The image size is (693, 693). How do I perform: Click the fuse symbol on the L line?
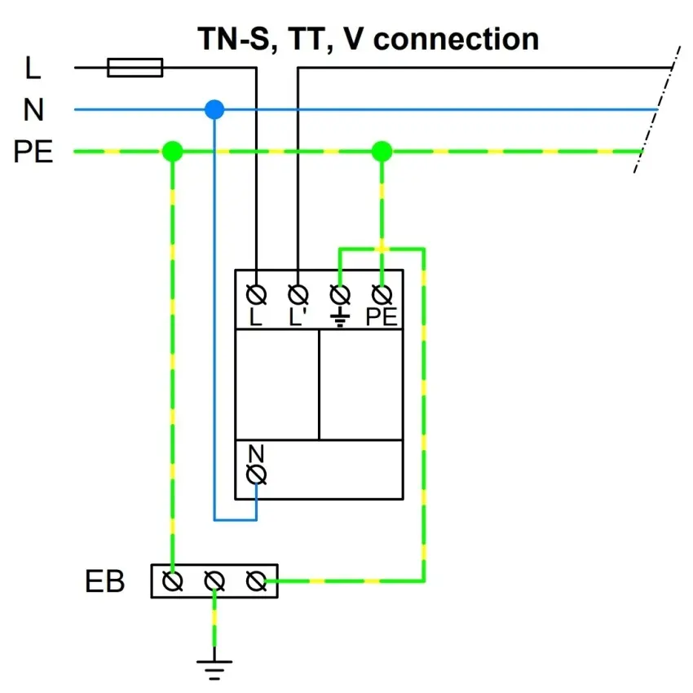[x=135, y=67]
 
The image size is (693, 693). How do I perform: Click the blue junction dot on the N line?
[x=214, y=109]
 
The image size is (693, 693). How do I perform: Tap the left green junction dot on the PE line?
[x=172, y=151]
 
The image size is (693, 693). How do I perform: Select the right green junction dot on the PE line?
[x=382, y=151]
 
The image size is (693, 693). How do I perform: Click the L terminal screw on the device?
[x=257, y=293]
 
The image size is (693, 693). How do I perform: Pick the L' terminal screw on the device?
[x=298, y=293]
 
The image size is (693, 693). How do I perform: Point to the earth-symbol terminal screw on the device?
[x=340, y=293]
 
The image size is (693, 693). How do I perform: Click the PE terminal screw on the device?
[x=381, y=293]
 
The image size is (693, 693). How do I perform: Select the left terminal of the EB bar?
[x=173, y=580]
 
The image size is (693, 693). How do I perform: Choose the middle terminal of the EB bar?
[x=214, y=580]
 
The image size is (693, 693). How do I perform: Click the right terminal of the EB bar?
[x=255, y=580]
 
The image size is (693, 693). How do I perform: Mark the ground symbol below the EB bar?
[x=214, y=667]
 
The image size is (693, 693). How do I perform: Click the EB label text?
[x=104, y=581]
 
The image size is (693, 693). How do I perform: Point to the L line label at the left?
[x=33, y=68]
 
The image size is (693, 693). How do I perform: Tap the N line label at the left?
[x=33, y=110]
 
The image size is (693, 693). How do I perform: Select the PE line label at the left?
[x=33, y=152]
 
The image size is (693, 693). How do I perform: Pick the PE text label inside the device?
[x=382, y=317]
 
